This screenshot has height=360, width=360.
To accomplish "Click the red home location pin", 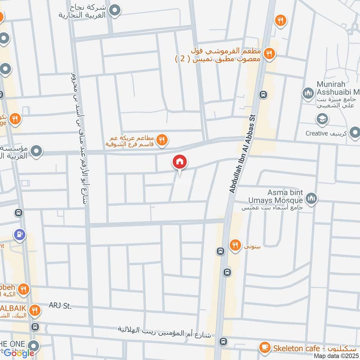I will (180, 162).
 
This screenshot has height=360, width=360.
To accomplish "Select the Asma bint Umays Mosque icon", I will (311, 198).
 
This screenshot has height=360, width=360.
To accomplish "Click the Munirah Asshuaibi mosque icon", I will (308, 94).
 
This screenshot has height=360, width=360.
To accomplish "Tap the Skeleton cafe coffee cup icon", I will (265, 348).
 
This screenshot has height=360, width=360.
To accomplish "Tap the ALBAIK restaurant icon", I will (35, 310).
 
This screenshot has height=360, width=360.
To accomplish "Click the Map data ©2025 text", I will (336, 356).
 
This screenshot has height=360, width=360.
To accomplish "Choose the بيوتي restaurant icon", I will (234, 245).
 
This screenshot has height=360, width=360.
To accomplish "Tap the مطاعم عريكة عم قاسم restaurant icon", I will (162, 141).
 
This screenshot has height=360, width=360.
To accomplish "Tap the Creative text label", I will (331, 133).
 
